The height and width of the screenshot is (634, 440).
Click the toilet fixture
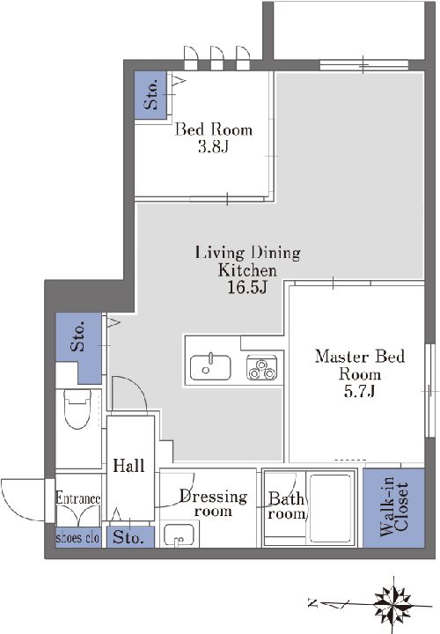coord(78,409)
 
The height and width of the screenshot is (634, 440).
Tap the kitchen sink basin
coord(210,367)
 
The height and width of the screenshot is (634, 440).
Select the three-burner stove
coord(262,368)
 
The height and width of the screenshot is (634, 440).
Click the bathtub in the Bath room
coord(331,509)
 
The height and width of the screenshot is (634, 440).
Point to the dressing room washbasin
coord(180,535)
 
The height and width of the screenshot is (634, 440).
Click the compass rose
coord(393,605)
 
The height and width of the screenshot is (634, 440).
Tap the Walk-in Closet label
coord(394,507)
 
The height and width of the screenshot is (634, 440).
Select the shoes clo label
coord(77,538)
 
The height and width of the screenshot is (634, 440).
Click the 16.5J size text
coord(247,287)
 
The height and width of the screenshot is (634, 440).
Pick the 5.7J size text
coord(359,391)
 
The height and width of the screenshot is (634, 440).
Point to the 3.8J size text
coord(213,147)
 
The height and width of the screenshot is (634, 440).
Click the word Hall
coord(128,466)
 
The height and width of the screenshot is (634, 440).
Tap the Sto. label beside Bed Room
coord(151,95)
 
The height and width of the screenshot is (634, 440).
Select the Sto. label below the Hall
coord(128,537)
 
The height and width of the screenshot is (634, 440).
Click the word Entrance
coord(78,498)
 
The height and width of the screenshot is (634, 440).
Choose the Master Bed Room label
coord(360,365)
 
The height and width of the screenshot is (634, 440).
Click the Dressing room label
coord(213,504)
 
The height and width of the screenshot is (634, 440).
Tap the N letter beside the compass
coord(312,604)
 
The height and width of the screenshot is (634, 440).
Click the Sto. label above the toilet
coord(78,336)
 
